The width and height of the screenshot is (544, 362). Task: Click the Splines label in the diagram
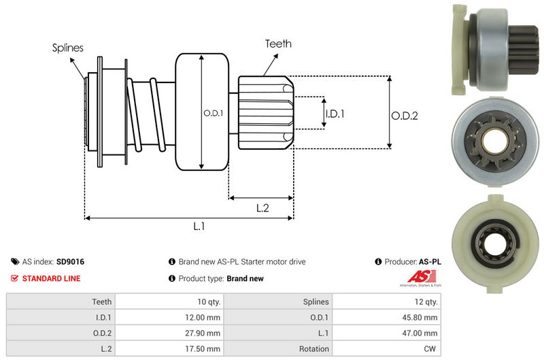67,48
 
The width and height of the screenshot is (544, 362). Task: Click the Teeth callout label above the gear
277,44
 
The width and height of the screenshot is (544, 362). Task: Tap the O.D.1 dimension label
212,113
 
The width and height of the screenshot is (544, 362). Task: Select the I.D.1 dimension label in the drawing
335,114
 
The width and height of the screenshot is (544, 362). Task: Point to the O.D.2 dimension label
404,116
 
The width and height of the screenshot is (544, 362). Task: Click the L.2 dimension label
262,209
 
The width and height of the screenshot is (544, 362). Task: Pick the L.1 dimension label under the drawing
199,226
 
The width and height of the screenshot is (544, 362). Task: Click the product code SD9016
70,261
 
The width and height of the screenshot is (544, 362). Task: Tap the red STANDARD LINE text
51,278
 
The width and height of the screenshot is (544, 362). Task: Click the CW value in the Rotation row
432,348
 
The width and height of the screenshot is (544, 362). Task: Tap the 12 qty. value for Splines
425,301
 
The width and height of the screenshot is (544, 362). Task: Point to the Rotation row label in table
315,348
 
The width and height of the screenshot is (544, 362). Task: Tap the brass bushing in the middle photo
491,140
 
